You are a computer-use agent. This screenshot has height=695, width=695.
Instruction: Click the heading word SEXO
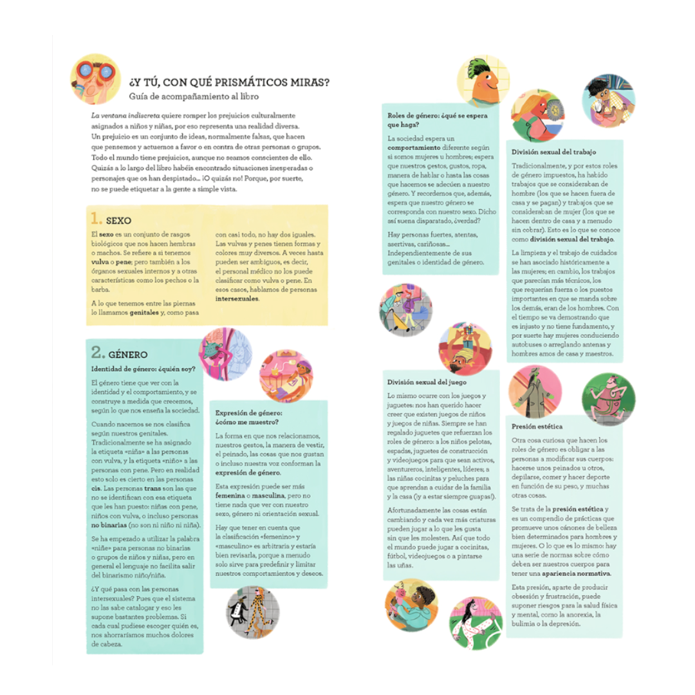click(119, 221)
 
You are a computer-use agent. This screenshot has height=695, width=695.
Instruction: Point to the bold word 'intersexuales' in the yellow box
click(236, 299)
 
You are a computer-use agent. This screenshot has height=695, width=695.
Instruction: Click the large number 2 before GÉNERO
click(98, 353)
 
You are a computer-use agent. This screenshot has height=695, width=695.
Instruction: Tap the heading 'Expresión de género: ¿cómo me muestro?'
click(248, 417)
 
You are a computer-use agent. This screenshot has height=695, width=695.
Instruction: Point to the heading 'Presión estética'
click(537, 426)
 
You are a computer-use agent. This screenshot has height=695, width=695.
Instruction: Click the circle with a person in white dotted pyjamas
click(474, 624)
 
